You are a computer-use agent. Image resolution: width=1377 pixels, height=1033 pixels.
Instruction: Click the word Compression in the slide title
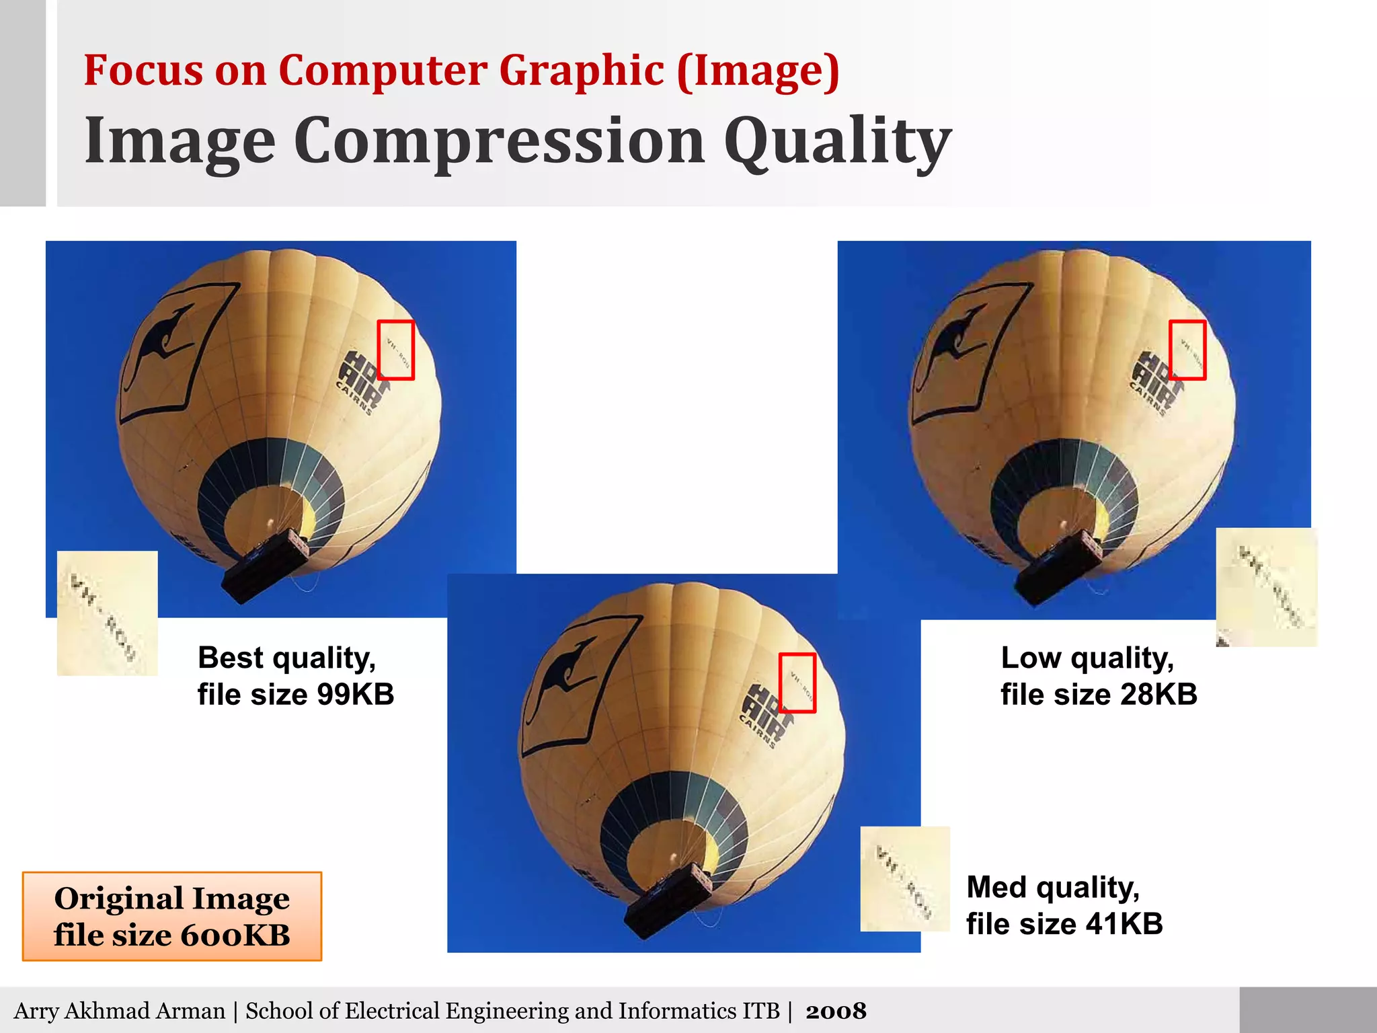(499, 141)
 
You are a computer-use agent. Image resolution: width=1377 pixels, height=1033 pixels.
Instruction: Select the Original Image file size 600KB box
(172, 916)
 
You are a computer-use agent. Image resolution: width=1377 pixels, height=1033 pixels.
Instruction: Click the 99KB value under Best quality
(356, 695)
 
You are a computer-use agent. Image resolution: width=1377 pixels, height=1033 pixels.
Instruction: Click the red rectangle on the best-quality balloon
(395, 350)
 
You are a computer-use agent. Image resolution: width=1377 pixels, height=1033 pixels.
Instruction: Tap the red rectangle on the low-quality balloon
(1187, 350)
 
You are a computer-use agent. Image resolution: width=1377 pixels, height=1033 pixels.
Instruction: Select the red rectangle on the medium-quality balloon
(797, 683)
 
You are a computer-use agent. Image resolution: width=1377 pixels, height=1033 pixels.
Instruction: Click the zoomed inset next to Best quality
(108, 613)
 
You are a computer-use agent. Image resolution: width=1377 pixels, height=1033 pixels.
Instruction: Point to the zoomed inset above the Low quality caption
(1266, 587)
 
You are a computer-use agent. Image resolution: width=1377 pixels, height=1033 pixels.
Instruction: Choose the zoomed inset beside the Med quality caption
(905, 878)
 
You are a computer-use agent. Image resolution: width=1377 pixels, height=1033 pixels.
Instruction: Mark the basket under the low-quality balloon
(1058, 567)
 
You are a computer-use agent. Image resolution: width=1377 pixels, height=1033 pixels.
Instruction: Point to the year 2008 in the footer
(836, 1011)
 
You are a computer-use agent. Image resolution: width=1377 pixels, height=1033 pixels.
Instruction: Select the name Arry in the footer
(36, 1011)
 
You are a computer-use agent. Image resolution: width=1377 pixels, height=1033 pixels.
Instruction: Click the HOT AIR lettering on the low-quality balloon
(1152, 378)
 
